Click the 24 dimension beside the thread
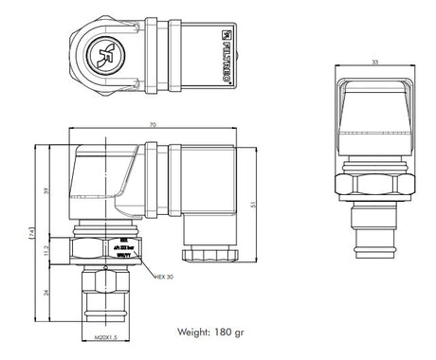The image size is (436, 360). [48, 293]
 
